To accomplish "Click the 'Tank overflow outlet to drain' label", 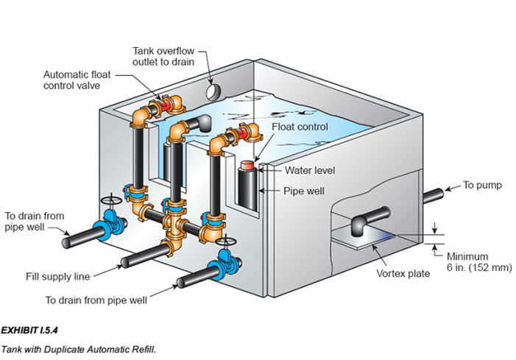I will [163, 56].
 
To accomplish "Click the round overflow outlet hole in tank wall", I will [211, 91].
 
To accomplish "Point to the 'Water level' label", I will [310, 171].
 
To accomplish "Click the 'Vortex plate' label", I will [403, 273].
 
